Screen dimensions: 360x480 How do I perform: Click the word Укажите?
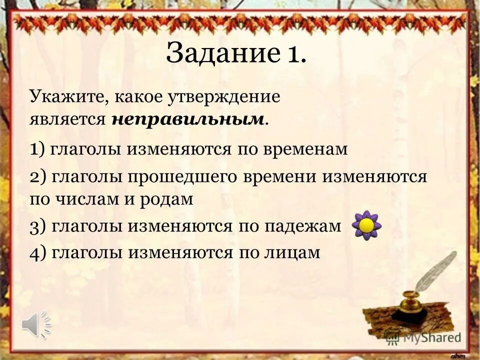(65, 96)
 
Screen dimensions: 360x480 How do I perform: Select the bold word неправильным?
(188, 118)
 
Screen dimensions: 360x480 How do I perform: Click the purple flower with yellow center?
(367, 225)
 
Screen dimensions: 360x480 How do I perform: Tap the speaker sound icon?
(36, 324)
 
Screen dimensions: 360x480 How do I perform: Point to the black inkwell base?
(409, 315)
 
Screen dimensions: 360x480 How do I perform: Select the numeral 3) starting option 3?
(37, 226)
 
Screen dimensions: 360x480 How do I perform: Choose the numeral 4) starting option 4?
(38, 253)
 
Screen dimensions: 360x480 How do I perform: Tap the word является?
(67, 118)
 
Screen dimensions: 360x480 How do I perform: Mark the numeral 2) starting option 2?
(38, 177)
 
